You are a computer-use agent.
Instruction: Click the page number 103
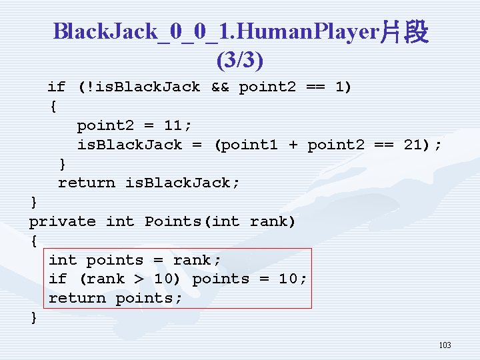tap(445, 345)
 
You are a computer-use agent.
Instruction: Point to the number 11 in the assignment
tap(173, 125)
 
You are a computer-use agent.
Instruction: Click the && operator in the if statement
tap(219, 87)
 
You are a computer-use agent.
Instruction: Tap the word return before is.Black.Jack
tap(86, 183)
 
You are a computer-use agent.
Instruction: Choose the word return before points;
tap(77, 298)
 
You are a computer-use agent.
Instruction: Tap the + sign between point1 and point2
tap(293, 144)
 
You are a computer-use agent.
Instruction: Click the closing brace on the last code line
tap(34, 317)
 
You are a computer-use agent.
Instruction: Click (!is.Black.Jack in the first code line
tap(139, 87)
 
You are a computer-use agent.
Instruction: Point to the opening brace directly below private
tap(34, 241)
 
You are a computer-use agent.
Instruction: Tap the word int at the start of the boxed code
tap(62, 260)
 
